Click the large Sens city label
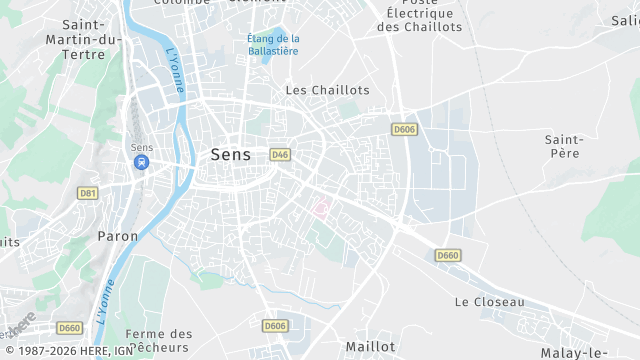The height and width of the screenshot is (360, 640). click(x=230, y=155)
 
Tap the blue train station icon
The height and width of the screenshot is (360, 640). click(x=141, y=162)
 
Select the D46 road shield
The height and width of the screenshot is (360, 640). click(x=280, y=154)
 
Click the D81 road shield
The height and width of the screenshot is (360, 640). click(x=88, y=192)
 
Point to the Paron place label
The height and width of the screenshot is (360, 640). click(x=118, y=236)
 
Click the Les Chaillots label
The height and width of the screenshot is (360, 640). click(x=327, y=90)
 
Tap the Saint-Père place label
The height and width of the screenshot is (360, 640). click(x=563, y=146)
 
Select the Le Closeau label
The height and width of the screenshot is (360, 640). click(x=489, y=301)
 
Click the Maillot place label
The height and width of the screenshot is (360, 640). click(x=370, y=346)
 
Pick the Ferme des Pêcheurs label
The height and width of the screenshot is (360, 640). click(x=160, y=340)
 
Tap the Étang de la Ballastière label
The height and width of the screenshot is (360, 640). click(x=273, y=44)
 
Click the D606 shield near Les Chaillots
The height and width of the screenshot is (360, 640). click(x=404, y=129)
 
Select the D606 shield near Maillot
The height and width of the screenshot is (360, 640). click(x=275, y=326)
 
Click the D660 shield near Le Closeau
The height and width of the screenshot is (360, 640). click(x=448, y=256)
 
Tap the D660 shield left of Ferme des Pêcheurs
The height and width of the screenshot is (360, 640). click(x=69, y=327)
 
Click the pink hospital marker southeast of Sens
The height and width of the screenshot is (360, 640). click(x=321, y=209)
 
